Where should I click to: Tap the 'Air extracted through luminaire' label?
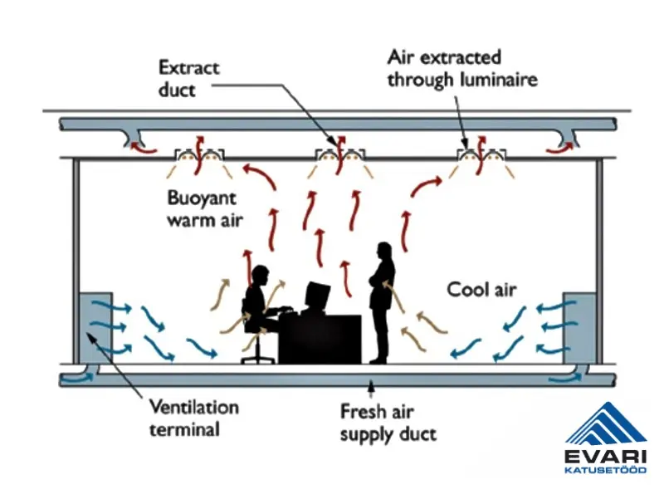click(462, 68)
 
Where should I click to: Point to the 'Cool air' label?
click(481, 290)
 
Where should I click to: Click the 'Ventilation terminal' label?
click(193, 418)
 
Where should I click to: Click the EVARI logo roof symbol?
click(606, 423)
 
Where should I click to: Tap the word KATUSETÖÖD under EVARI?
click(606, 470)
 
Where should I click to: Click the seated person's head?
click(259, 276)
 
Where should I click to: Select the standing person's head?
click(384, 252)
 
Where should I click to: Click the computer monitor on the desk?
click(317, 296)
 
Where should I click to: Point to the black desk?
click(319, 336)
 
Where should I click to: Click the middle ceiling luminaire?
click(339, 154)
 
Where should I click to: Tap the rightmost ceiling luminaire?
click(480, 154)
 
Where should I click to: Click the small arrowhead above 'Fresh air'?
click(371, 384)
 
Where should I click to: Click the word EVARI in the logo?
click(606, 456)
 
